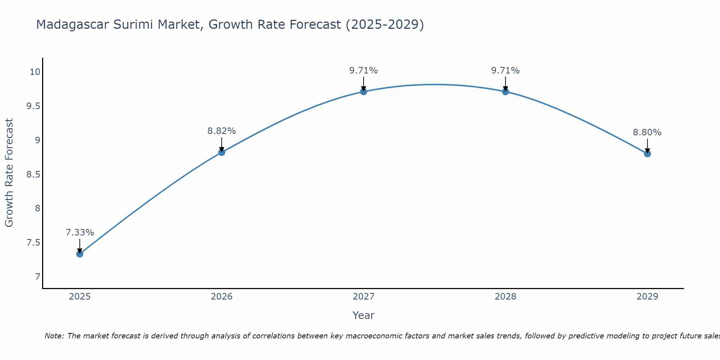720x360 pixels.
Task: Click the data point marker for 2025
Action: coord(80,254)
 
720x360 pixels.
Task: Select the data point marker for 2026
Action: coord(221,152)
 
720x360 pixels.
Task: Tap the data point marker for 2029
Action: coord(647,154)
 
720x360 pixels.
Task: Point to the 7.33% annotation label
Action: coord(80,233)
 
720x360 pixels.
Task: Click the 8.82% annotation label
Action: coord(221,131)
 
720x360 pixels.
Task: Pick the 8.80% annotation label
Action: coord(647,132)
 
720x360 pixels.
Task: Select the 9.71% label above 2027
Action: coord(363,71)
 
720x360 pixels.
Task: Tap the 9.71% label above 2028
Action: coord(505,71)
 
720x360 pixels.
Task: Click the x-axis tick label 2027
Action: coord(363,297)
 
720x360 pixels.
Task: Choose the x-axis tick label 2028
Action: coord(505,297)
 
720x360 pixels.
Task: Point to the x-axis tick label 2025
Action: coord(80,297)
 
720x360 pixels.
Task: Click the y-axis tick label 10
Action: coord(35,72)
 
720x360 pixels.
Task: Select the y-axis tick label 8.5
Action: coord(33,175)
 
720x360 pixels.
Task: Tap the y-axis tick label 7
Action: coord(37,277)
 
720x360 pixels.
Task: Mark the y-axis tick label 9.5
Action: coord(33,106)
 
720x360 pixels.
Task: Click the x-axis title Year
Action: coord(363,315)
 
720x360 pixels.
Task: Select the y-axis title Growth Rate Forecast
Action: coord(9,173)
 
